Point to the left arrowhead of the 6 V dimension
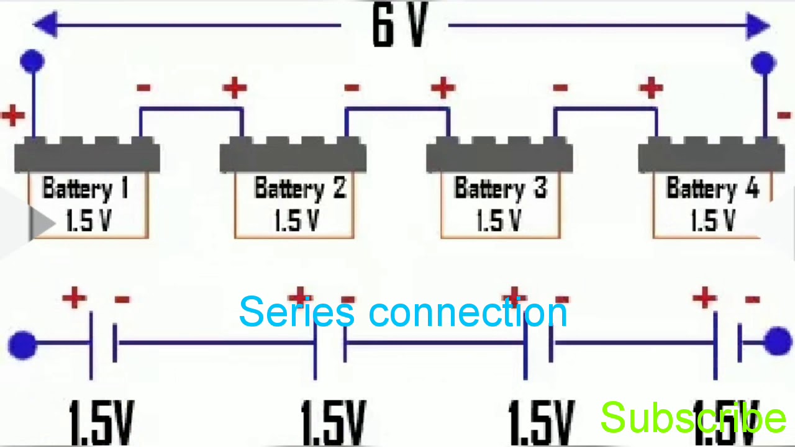tap(45, 25)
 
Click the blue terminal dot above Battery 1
tap(32, 61)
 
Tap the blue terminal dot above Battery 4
tap(763, 63)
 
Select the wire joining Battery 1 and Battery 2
tap(191, 109)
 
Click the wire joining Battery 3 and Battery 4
tap(606, 109)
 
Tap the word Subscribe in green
tap(693, 417)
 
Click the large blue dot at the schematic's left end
tap(22, 345)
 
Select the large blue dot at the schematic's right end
tap(778, 342)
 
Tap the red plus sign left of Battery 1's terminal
tap(13, 115)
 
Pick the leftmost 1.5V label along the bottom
tap(101, 422)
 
